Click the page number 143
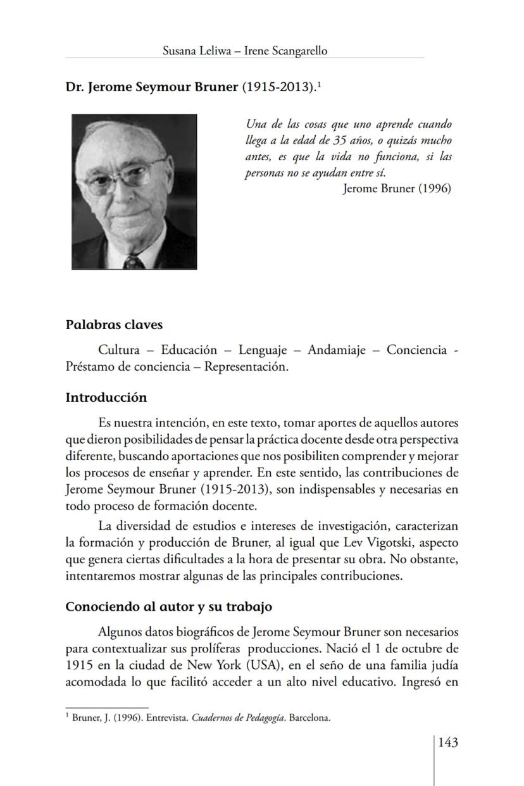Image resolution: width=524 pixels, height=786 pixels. coord(447,742)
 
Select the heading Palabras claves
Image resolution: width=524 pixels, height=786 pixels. coord(114,325)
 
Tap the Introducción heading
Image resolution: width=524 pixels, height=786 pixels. coord(106,397)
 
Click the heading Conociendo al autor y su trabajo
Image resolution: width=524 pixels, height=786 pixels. coord(169,606)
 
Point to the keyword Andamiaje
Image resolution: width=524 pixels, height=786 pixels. coord(337,350)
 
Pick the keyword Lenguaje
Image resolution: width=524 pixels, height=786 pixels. coord(260,350)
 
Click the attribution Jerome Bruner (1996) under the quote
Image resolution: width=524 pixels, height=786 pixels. coord(397,189)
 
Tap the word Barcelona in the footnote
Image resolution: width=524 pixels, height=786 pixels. coord(310,718)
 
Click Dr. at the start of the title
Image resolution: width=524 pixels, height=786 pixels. coord(75,87)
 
